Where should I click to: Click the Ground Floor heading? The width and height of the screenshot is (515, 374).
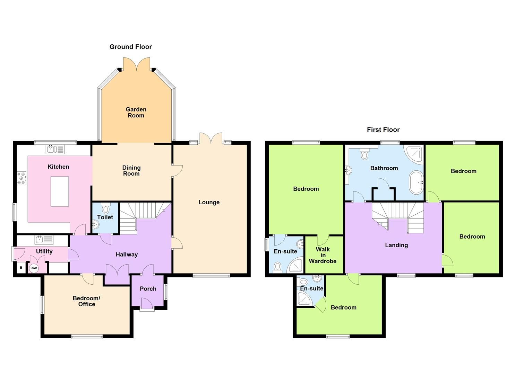click(x=130, y=47)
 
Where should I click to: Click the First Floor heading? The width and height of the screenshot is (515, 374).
click(x=383, y=130)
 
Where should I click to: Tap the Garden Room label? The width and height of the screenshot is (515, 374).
click(x=136, y=113)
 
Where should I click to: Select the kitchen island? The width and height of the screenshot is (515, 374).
click(x=60, y=191)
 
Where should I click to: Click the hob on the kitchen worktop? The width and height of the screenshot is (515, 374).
click(x=22, y=178)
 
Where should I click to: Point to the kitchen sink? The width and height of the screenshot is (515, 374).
click(x=55, y=149)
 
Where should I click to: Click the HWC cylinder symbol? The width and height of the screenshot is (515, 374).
click(x=34, y=268)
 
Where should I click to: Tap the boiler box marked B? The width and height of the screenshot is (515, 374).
click(x=21, y=268)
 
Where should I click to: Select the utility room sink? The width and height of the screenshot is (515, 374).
click(x=44, y=239)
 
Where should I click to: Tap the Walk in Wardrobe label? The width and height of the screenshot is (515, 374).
click(x=323, y=255)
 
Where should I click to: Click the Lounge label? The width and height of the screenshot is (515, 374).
click(x=209, y=202)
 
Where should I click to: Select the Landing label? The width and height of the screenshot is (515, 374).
click(x=396, y=245)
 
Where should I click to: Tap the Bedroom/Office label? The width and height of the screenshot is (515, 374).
click(x=86, y=301)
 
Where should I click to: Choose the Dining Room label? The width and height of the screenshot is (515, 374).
click(x=131, y=171)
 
